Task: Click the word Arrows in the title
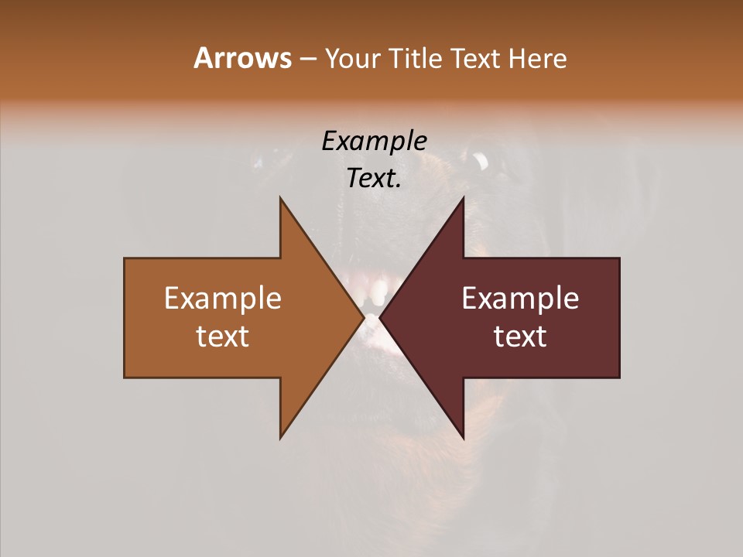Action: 242,58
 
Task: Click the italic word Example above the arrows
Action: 374,141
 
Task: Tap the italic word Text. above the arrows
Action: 374,179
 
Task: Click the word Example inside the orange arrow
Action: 223,299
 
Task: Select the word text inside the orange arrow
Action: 223,337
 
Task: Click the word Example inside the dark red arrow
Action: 520,299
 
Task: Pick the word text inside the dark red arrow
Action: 520,337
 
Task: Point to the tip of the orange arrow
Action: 363,317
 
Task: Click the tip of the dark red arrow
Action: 380,317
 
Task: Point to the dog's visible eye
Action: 480,161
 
